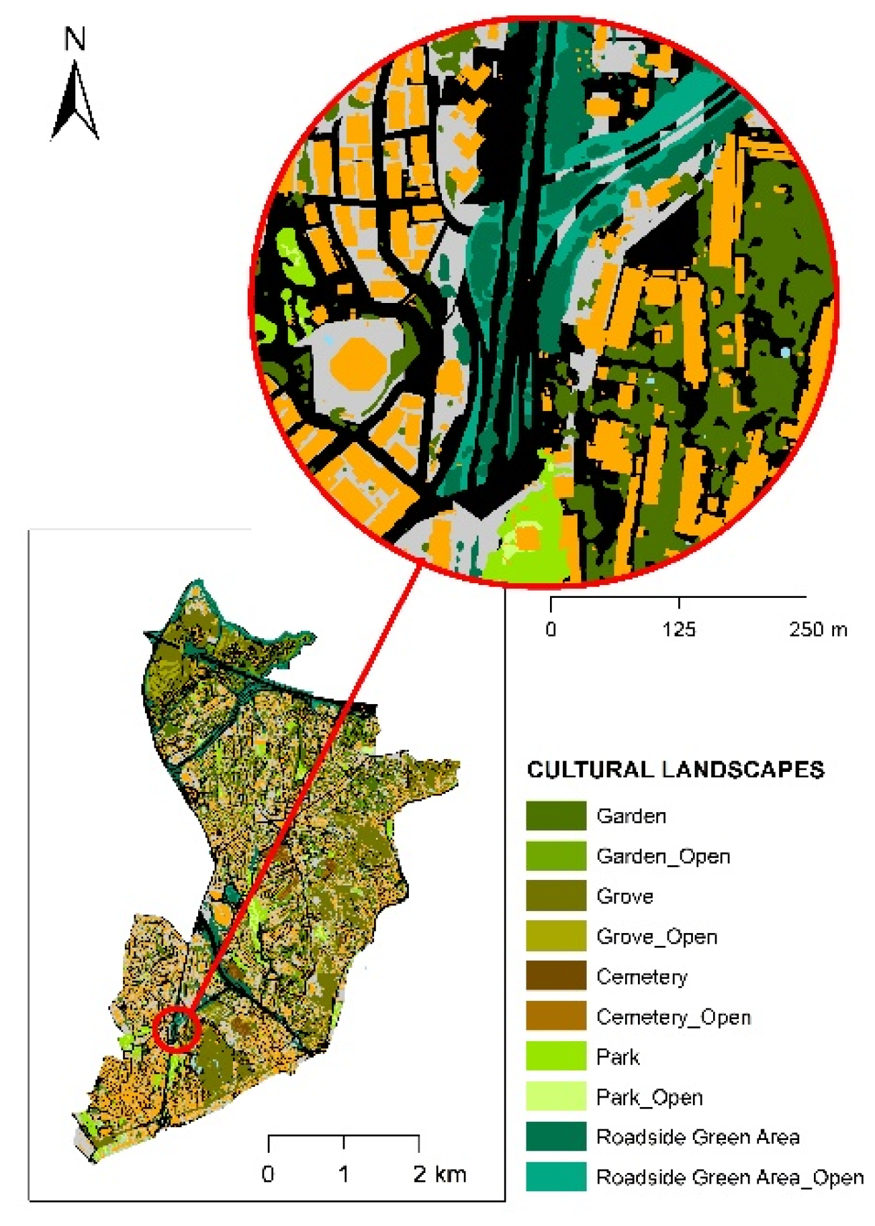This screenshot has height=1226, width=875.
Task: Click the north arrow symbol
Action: (x=75, y=101)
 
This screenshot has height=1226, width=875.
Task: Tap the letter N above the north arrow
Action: (x=75, y=39)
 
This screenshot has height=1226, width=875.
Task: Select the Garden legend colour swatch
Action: (x=555, y=816)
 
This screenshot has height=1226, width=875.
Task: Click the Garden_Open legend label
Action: (x=663, y=857)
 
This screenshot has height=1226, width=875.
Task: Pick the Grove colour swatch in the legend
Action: (x=555, y=896)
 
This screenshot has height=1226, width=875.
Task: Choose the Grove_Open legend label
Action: (x=656, y=936)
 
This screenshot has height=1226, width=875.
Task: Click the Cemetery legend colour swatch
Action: (x=555, y=977)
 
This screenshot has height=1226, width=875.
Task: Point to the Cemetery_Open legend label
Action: (x=673, y=1017)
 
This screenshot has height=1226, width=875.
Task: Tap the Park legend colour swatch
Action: (x=555, y=1057)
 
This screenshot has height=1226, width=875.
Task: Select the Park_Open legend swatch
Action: (x=555, y=1097)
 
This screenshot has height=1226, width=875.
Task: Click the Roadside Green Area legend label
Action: (x=697, y=1137)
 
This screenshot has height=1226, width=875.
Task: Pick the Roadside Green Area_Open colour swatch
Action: (x=555, y=1177)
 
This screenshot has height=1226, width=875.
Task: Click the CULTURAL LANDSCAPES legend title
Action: (x=675, y=770)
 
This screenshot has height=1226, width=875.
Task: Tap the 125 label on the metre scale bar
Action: (x=678, y=629)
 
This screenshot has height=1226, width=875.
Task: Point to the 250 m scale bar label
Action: (x=817, y=629)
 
